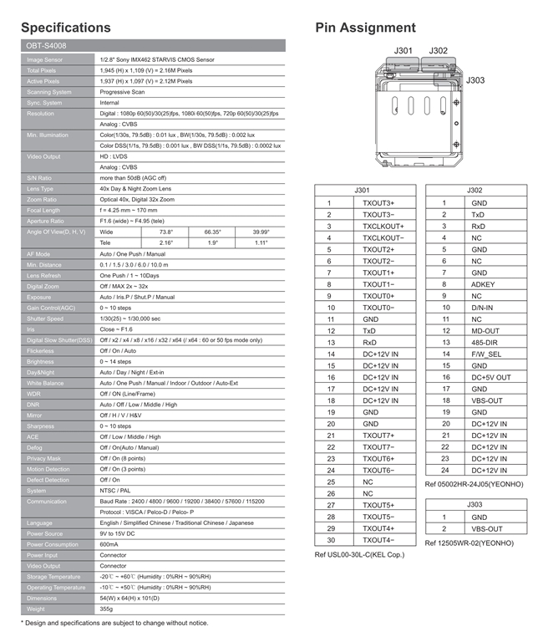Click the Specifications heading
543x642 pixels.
click(65, 28)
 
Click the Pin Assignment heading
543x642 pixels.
click(365, 28)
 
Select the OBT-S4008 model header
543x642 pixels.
click(47, 47)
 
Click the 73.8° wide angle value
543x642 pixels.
click(165, 232)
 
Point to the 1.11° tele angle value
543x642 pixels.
click(261, 242)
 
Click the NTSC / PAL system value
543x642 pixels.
click(115, 491)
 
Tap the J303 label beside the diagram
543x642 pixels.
click(475, 80)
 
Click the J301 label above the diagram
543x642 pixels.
click(404, 51)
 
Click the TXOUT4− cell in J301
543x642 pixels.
click(378, 540)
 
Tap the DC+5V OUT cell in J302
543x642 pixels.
click(490, 377)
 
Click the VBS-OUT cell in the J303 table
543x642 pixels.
click(486, 528)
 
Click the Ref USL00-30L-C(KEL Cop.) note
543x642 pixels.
click(358, 554)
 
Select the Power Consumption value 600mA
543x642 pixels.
click(109, 545)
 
